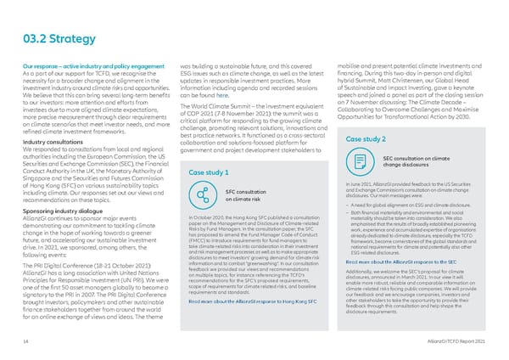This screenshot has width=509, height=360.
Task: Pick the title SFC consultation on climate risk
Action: click(243, 195)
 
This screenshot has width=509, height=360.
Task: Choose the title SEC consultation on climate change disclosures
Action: click(411, 161)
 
